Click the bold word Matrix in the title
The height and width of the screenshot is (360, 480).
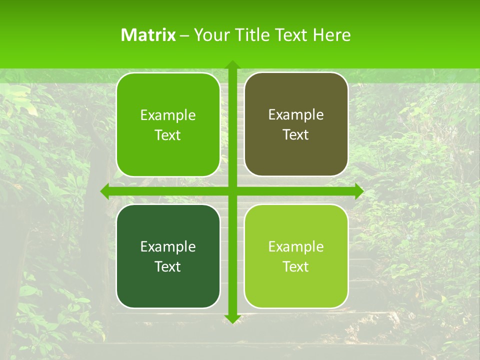coord(148,35)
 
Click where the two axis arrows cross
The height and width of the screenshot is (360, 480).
coord(232,191)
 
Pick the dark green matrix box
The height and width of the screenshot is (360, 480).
coord(168,285)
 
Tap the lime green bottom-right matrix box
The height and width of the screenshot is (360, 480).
coord(296,285)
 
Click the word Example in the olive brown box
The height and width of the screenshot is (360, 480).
coord(296,115)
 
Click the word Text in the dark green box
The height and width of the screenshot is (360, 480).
coord(168,266)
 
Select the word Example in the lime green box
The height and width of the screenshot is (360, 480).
coord(296,246)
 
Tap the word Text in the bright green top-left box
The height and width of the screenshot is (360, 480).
coord(168,135)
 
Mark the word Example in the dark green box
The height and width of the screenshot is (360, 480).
coord(168,246)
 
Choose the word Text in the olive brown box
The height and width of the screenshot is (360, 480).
coord(296,134)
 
